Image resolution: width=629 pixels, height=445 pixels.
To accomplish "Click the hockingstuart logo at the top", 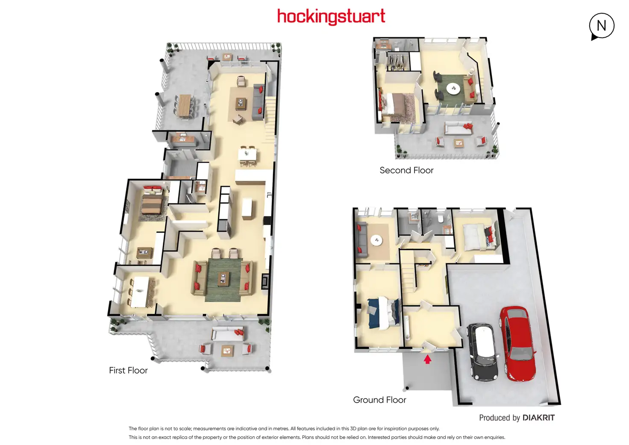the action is pos(331,17).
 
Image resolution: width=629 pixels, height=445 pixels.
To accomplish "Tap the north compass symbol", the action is pos(601,26).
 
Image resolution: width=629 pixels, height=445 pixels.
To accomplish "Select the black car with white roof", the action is pos(483,352).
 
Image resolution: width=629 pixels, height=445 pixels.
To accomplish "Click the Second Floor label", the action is pos(406,170).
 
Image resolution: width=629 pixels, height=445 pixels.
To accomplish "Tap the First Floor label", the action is pos(128,370).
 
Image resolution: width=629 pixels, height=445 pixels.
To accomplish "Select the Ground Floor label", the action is pos(379,400).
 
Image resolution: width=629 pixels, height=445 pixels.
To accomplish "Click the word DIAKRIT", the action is pos(538,418).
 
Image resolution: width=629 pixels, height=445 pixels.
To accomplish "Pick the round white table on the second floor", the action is pos(453,88).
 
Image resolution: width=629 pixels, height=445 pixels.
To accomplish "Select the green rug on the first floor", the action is pos(223,280).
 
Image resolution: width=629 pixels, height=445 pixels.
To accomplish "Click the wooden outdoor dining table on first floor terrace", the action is pos(185,105).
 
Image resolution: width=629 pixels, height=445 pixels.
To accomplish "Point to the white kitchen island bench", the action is pos(247,209).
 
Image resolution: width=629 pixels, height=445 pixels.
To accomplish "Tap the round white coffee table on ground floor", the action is pos(376,240).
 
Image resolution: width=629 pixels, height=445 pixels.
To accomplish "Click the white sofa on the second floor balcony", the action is pos(458,128).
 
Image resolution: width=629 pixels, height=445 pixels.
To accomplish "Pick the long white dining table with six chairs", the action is pos(139,292).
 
